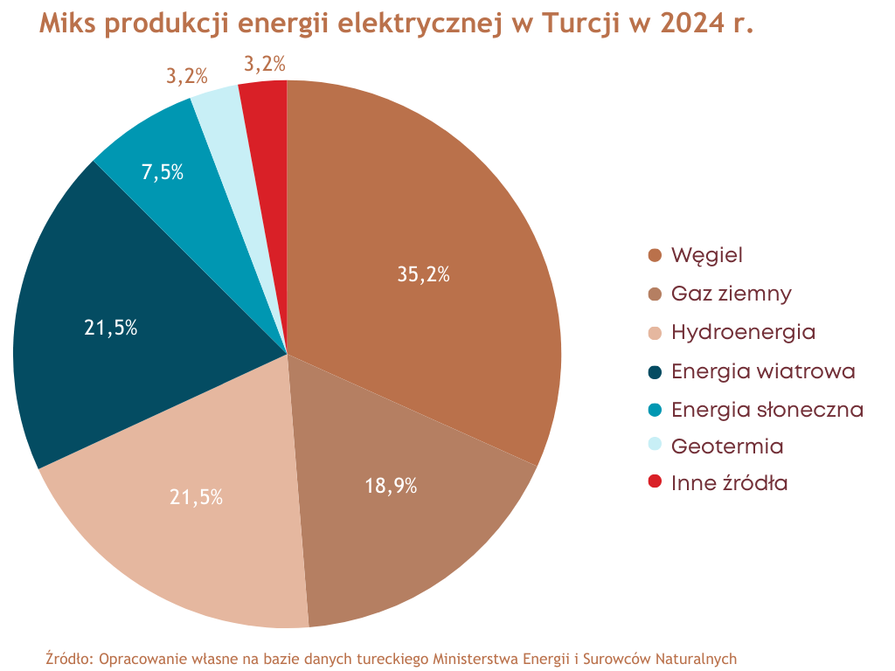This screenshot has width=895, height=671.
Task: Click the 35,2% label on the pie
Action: click(x=423, y=274)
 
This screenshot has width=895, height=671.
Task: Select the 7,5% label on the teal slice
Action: click(x=163, y=172)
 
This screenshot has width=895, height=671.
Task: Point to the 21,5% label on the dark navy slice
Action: click(x=111, y=329)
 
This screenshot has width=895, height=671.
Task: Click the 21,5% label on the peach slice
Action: click(x=196, y=498)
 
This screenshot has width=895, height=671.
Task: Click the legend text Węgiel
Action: click(x=707, y=256)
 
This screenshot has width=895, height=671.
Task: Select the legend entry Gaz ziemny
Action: click(x=732, y=294)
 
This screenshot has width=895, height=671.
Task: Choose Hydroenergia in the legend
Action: click(x=743, y=332)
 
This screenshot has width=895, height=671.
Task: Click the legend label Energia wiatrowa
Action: click(x=763, y=370)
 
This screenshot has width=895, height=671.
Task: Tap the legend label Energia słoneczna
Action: click(x=767, y=409)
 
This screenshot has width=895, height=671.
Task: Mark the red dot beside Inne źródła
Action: click(x=655, y=482)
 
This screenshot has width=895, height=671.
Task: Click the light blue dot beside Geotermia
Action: click(x=655, y=445)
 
